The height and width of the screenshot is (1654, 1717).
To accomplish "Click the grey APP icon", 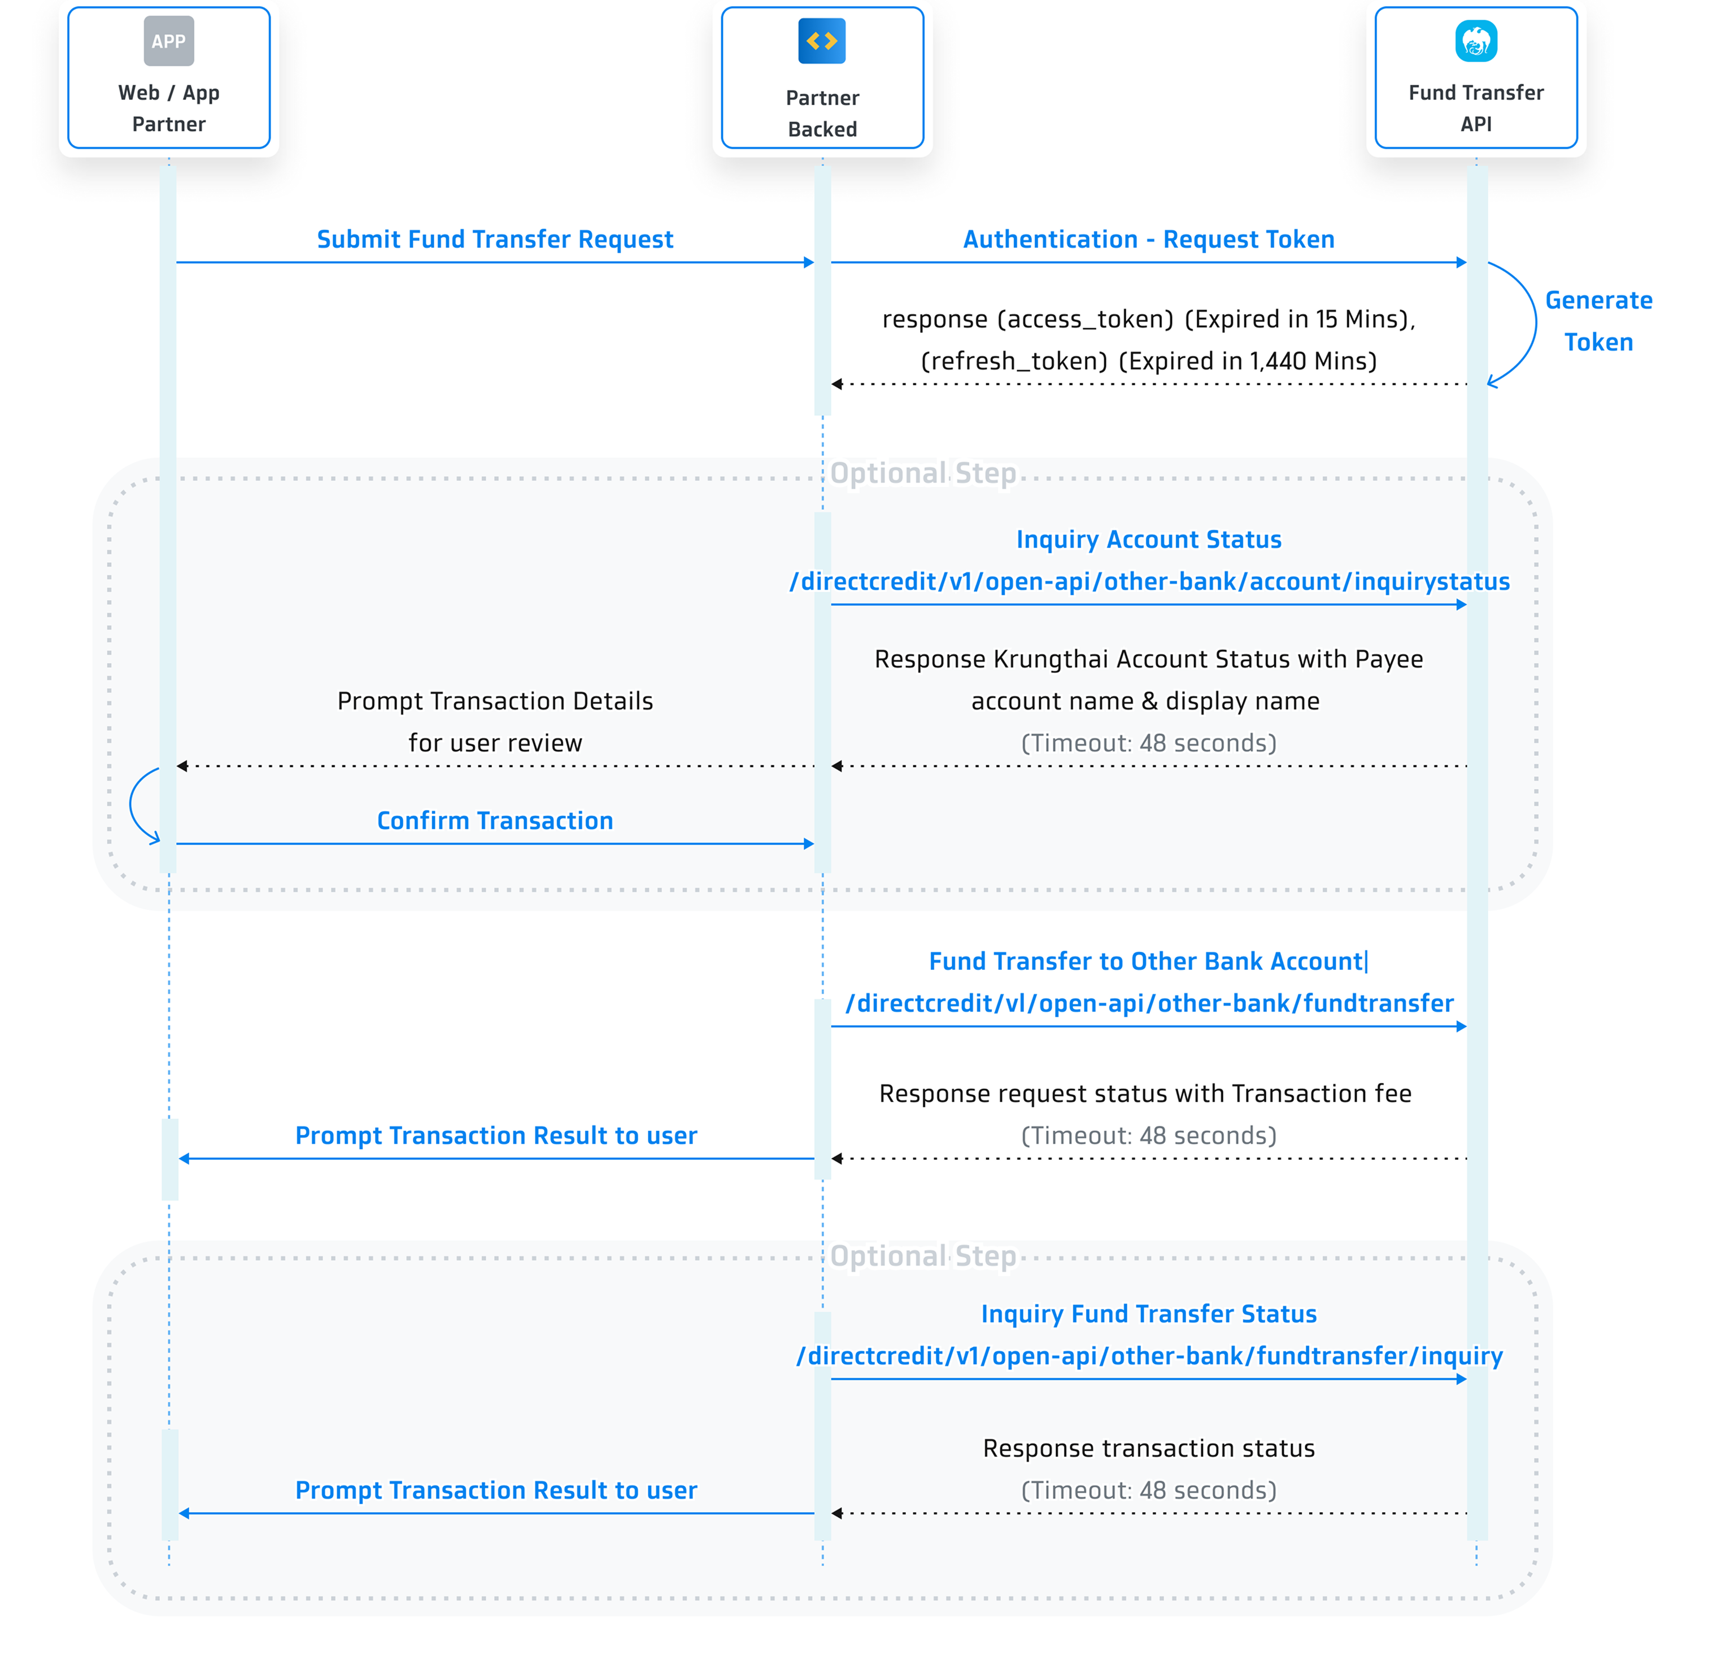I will (x=168, y=41).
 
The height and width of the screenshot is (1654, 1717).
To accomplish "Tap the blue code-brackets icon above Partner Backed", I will (x=822, y=41).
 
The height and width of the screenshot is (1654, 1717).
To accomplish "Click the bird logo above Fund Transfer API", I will (x=1476, y=41).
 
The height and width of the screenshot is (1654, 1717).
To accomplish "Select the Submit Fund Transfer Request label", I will (x=495, y=239).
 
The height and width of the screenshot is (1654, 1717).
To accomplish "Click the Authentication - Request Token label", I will (x=1148, y=239).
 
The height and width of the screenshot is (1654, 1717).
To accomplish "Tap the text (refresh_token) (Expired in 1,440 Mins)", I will (x=1148, y=361).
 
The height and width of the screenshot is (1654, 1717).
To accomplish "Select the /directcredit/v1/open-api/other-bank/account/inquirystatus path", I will (x=1148, y=582).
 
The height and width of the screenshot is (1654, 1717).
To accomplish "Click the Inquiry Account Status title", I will (x=1148, y=539).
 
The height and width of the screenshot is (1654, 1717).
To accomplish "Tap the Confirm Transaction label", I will (x=495, y=821).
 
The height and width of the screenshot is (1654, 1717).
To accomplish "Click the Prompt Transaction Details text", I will (x=495, y=701).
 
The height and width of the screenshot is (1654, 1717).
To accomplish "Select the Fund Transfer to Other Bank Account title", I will (x=1146, y=961).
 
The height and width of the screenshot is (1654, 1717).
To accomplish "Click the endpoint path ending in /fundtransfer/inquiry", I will (x=1148, y=1356).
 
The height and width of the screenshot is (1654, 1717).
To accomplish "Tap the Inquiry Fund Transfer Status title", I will (x=1148, y=1314).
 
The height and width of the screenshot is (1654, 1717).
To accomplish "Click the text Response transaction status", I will (x=1148, y=1448).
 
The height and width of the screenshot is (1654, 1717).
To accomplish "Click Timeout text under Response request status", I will (x=1148, y=1135).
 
